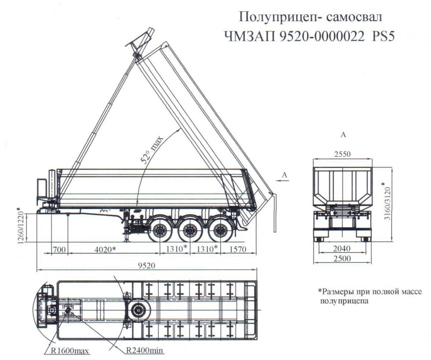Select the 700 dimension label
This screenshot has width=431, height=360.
point(60,249)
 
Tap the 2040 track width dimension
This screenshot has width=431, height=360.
point(342,249)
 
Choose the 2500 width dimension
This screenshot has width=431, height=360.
point(342,259)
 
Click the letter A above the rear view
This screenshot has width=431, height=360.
point(343,135)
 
